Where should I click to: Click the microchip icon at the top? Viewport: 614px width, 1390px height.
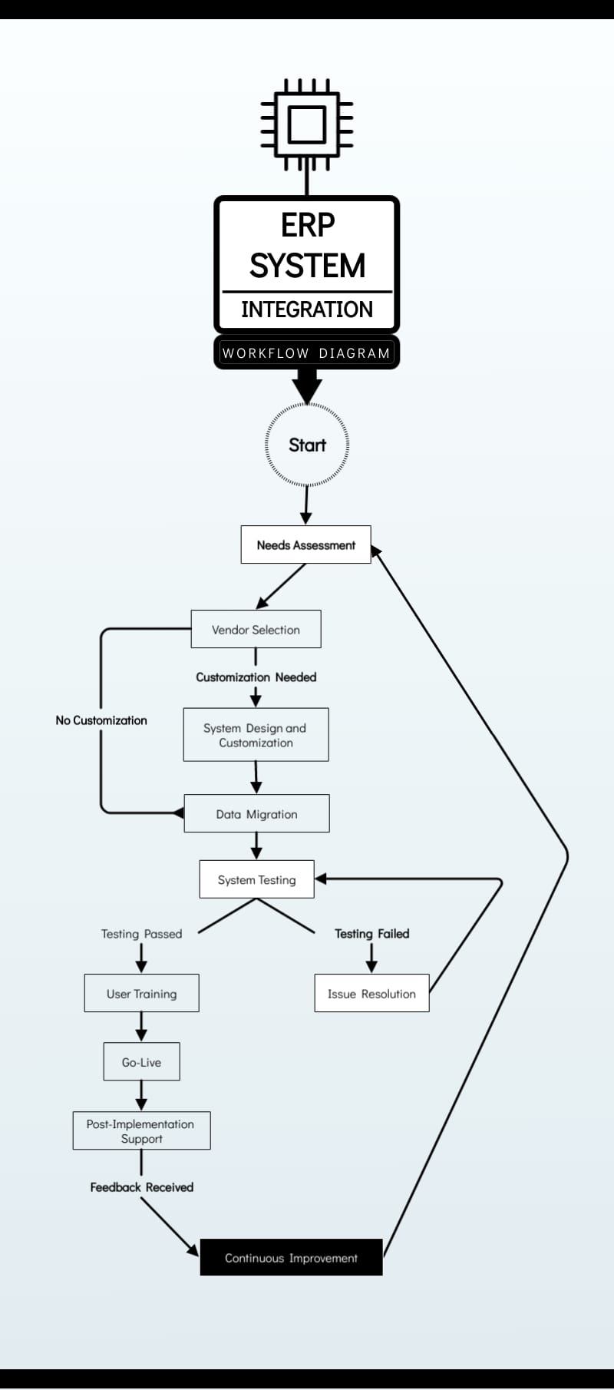click(x=307, y=124)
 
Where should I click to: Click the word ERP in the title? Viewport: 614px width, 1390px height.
click(x=307, y=225)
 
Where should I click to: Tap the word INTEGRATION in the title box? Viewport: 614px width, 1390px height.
click(x=307, y=309)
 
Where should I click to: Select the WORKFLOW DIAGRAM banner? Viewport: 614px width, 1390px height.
click(x=307, y=353)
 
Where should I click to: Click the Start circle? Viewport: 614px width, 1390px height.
click(x=307, y=445)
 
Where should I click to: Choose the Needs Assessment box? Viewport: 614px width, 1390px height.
click(x=305, y=545)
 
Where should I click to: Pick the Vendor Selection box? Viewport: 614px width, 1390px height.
click(x=256, y=630)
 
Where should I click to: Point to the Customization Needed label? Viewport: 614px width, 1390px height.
click(x=256, y=677)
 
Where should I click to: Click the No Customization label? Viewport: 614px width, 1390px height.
click(x=101, y=720)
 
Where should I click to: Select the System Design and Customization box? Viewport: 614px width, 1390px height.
click(x=256, y=735)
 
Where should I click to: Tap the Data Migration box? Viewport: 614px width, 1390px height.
click(x=256, y=814)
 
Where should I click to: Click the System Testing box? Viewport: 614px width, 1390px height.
click(x=256, y=880)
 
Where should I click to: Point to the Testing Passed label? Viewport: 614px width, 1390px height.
click(x=141, y=934)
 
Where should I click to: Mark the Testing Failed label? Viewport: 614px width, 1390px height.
click(x=371, y=934)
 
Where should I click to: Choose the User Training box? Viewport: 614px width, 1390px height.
click(x=141, y=994)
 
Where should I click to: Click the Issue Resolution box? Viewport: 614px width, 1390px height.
click(x=371, y=994)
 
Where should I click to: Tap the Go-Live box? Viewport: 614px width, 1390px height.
click(x=141, y=1062)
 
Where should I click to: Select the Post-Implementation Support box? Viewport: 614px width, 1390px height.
click(x=141, y=1131)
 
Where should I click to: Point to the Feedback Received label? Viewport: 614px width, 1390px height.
click(x=141, y=1187)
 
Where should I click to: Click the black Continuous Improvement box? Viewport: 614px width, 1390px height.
click(x=291, y=1258)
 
